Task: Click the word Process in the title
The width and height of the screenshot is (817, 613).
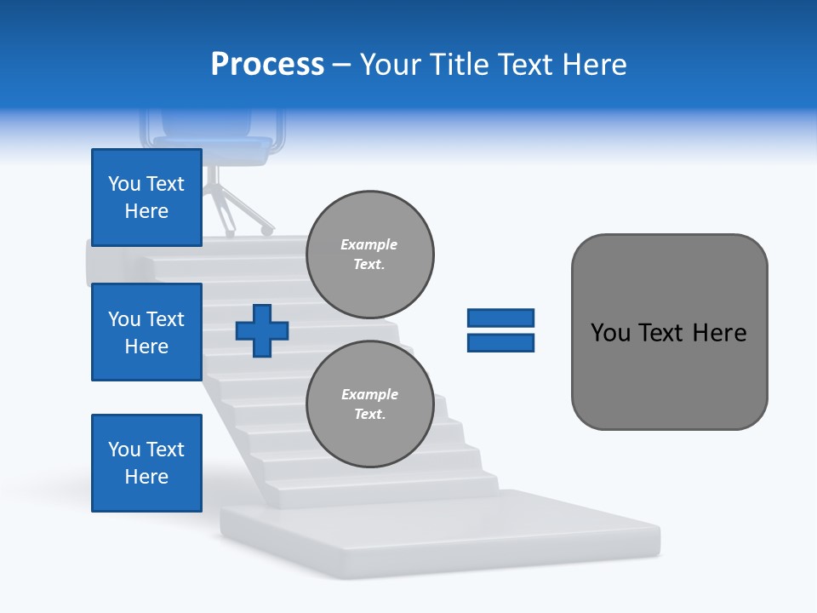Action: click(x=267, y=65)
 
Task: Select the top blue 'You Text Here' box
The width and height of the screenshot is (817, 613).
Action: click(x=146, y=198)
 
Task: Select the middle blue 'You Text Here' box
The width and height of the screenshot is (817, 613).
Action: click(x=146, y=332)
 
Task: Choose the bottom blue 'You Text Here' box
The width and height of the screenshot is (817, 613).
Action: click(x=146, y=463)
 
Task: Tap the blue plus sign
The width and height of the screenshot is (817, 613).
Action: click(x=262, y=330)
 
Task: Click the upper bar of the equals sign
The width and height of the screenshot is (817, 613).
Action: click(x=500, y=318)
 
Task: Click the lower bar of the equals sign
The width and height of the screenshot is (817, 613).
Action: click(x=500, y=342)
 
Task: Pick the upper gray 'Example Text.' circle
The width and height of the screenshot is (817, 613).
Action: click(x=369, y=255)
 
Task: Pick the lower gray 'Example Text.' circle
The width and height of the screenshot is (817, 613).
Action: click(x=369, y=404)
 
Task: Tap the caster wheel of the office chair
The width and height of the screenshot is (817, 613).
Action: click(x=267, y=230)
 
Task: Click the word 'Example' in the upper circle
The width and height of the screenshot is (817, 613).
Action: click(x=369, y=244)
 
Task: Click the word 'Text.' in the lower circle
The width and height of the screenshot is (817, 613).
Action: click(x=369, y=415)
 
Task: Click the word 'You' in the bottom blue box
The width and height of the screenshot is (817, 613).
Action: click(x=123, y=450)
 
